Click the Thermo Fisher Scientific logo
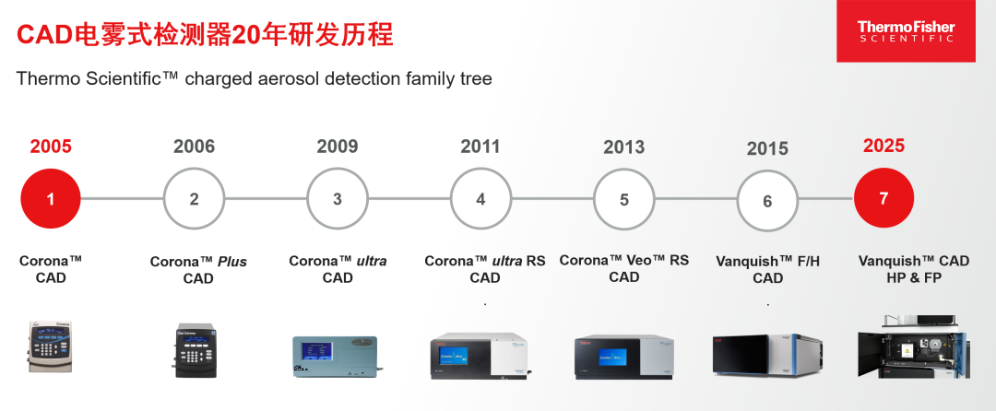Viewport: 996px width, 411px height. (x=906, y=31)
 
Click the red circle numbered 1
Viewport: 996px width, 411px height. (x=51, y=198)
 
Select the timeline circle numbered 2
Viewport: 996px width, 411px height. (x=194, y=198)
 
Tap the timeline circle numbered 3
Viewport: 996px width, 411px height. (x=338, y=198)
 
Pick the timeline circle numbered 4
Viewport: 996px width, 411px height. (x=480, y=198)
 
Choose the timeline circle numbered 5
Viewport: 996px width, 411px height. (x=624, y=199)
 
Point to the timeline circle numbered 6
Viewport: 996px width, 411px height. (x=767, y=200)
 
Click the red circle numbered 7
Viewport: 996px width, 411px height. (x=883, y=198)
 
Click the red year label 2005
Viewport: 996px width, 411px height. (x=51, y=147)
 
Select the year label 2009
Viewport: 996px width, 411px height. (x=338, y=147)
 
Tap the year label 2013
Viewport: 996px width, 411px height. (x=624, y=147)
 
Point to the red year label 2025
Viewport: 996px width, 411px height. (x=883, y=146)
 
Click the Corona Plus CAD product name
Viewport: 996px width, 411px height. (x=198, y=270)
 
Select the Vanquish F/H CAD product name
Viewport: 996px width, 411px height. (x=767, y=270)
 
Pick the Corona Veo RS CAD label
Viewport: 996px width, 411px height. (x=624, y=268)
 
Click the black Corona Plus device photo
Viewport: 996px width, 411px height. (x=195, y=350)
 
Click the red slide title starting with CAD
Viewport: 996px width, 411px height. (x=205, y=35)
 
